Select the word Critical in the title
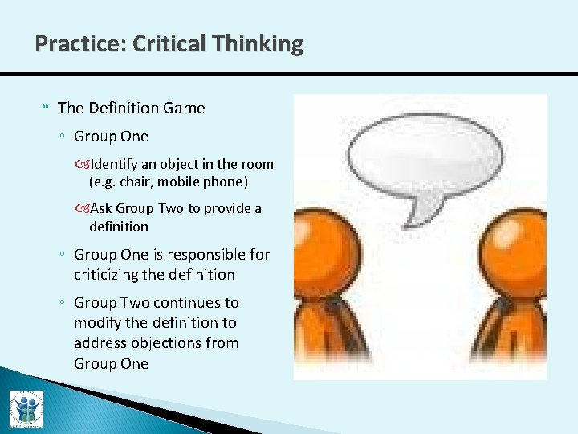coord(171,43)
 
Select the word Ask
coord(102,208)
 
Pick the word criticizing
coord(112,275)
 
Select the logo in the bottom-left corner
coord(26,408)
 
